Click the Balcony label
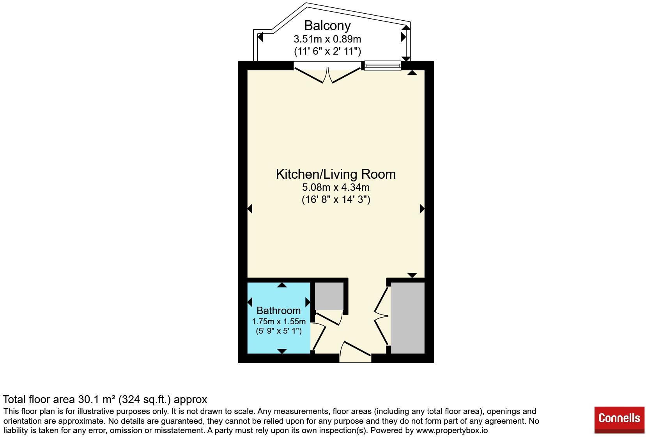pyautogui.click(x=327, y=26)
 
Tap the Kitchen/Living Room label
pyautogui.click(x=336, y=174)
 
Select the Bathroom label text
pyautogui.click(x=279, y=311)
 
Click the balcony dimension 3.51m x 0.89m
pyautogui.click(x=327, y=39)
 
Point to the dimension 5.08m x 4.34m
pyautogui.click(x=336, y=187)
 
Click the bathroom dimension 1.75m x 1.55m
pyautogui.click(x=279, y=321)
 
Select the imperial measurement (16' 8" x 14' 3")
pyautogui.click(x=336, y=199)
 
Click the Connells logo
pyautogui.click(x=619, y=420)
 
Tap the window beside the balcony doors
pyautogui.click(x=383, y=66)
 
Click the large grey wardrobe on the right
pyautogui.click(x=407, y=318)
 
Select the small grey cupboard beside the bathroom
pyautogui.click(x=329, y=296)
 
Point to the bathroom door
pyautogui.click(x=319, y=337)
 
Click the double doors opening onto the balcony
pyautogui.click(x=327, y=74)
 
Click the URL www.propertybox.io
pyautogui.click(x=452, y=430)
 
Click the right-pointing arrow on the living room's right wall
pyautogui.click(x=422, y=208)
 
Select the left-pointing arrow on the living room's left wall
pyautogui.click(x=250, y=208)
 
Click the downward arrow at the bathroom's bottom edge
pyautogui.click(x=282, y=351)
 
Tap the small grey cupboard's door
pyautogui.click(x=329, y=318)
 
